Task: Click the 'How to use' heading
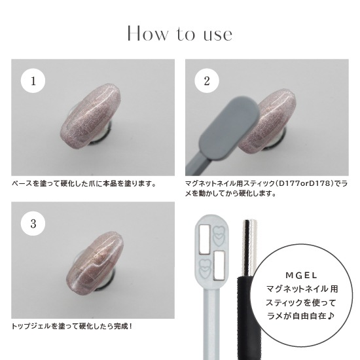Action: pos(180,34)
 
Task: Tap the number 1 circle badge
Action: pos(33,81)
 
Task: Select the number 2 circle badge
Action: pos(207,81)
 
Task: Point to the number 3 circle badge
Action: pos(33,223)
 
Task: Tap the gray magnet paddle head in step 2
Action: pos(230,128)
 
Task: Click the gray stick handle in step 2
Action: pos(199,164)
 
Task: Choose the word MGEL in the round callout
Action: pos(302,276)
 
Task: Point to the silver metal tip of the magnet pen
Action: pos(249,249)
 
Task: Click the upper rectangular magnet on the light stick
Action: pos(205,240)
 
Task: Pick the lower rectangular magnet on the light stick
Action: pos(219,266)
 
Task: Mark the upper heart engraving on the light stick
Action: pos(217,236)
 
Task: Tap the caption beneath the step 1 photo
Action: pos(84,184)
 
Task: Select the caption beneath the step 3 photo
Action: pos(72,326)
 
